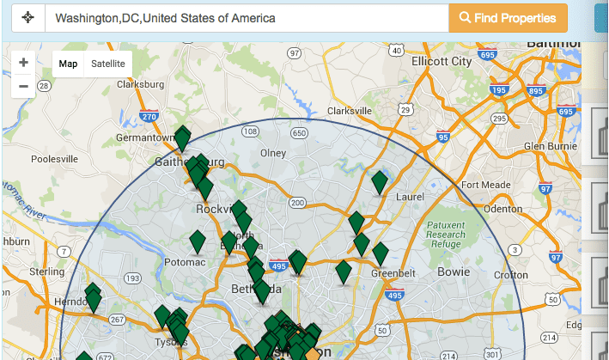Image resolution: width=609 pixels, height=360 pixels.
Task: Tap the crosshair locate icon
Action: click(x=27, y=17)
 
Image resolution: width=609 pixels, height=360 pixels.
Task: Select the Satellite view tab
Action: click(x=108, y=64)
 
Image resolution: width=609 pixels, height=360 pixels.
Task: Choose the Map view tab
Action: click(x=68, y=64)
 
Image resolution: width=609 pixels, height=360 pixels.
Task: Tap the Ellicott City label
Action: click(x=442, y=62)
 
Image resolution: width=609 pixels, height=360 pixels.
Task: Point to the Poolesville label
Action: click(x=54, y=159)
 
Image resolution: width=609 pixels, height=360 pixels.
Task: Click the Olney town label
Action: click(x=272, y=153)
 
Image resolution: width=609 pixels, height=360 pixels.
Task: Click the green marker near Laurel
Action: click(x=380, y=182)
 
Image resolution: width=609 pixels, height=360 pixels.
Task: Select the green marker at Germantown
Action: click(x=182, y=137)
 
